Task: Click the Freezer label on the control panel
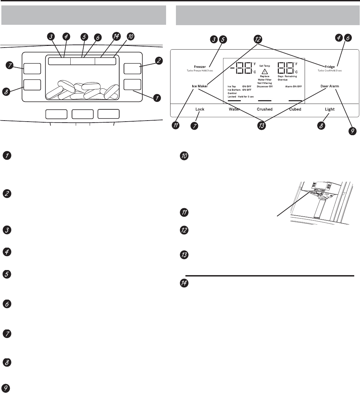pos(200,67)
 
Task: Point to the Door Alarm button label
pos(330,86)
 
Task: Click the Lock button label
pos(200,109)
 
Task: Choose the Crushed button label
pos(265,109)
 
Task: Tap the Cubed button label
pos(295,109)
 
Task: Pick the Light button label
pos(329,109)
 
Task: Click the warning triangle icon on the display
pos(265,71)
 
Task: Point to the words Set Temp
pos(265,66)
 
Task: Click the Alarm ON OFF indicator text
pos(293,86)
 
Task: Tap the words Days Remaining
pos(287,76)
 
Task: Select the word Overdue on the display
pos(283,79)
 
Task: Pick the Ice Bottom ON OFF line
pos(239,90)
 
